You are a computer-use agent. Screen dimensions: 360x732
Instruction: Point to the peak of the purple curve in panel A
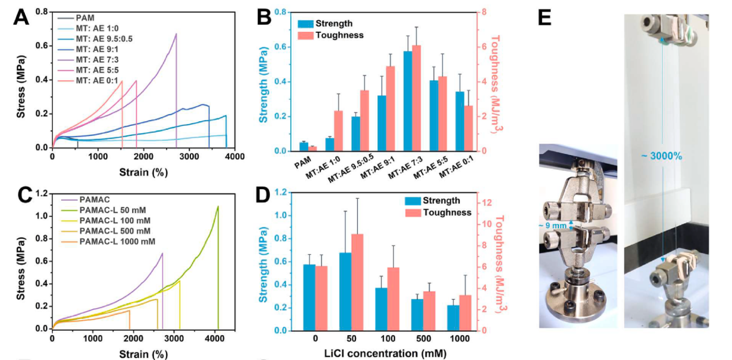[x=176, y=34]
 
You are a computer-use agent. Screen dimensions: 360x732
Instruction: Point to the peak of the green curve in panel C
[x=217, y=207]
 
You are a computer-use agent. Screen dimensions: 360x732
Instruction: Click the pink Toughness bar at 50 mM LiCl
[x=358, y=282]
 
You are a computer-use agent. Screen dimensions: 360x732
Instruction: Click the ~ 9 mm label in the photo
[x=554, y=226]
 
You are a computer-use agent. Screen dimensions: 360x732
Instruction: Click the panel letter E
[x=544, y=18]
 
